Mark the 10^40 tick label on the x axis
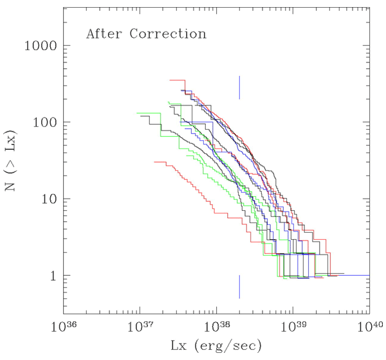pyautogui.click(x=369, y=327)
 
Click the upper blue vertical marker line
pyautogui.click(x=239, y=87)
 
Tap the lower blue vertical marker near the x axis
pyautogui.click(x=239, y=287)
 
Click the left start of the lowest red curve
pyautogui.click(x=154, y=162)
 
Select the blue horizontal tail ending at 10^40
pyautogui.click(x=354, y=275)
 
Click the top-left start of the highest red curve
pyautogui.click(x=169, y=80)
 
